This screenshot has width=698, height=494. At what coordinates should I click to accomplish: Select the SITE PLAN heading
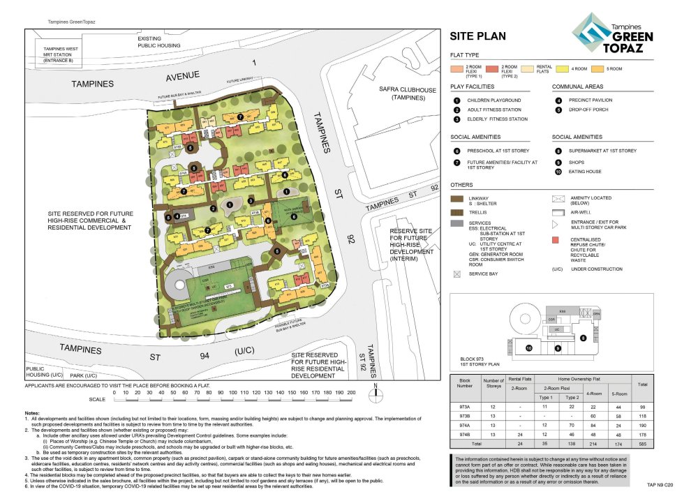point(477,37)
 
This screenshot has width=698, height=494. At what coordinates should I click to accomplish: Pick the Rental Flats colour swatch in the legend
point(526,68)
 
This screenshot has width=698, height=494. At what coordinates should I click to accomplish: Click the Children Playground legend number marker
point(456,100)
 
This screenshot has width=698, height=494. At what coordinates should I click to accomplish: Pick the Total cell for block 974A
point(640,425)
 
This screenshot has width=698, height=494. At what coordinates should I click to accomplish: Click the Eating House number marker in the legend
point(558,171)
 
